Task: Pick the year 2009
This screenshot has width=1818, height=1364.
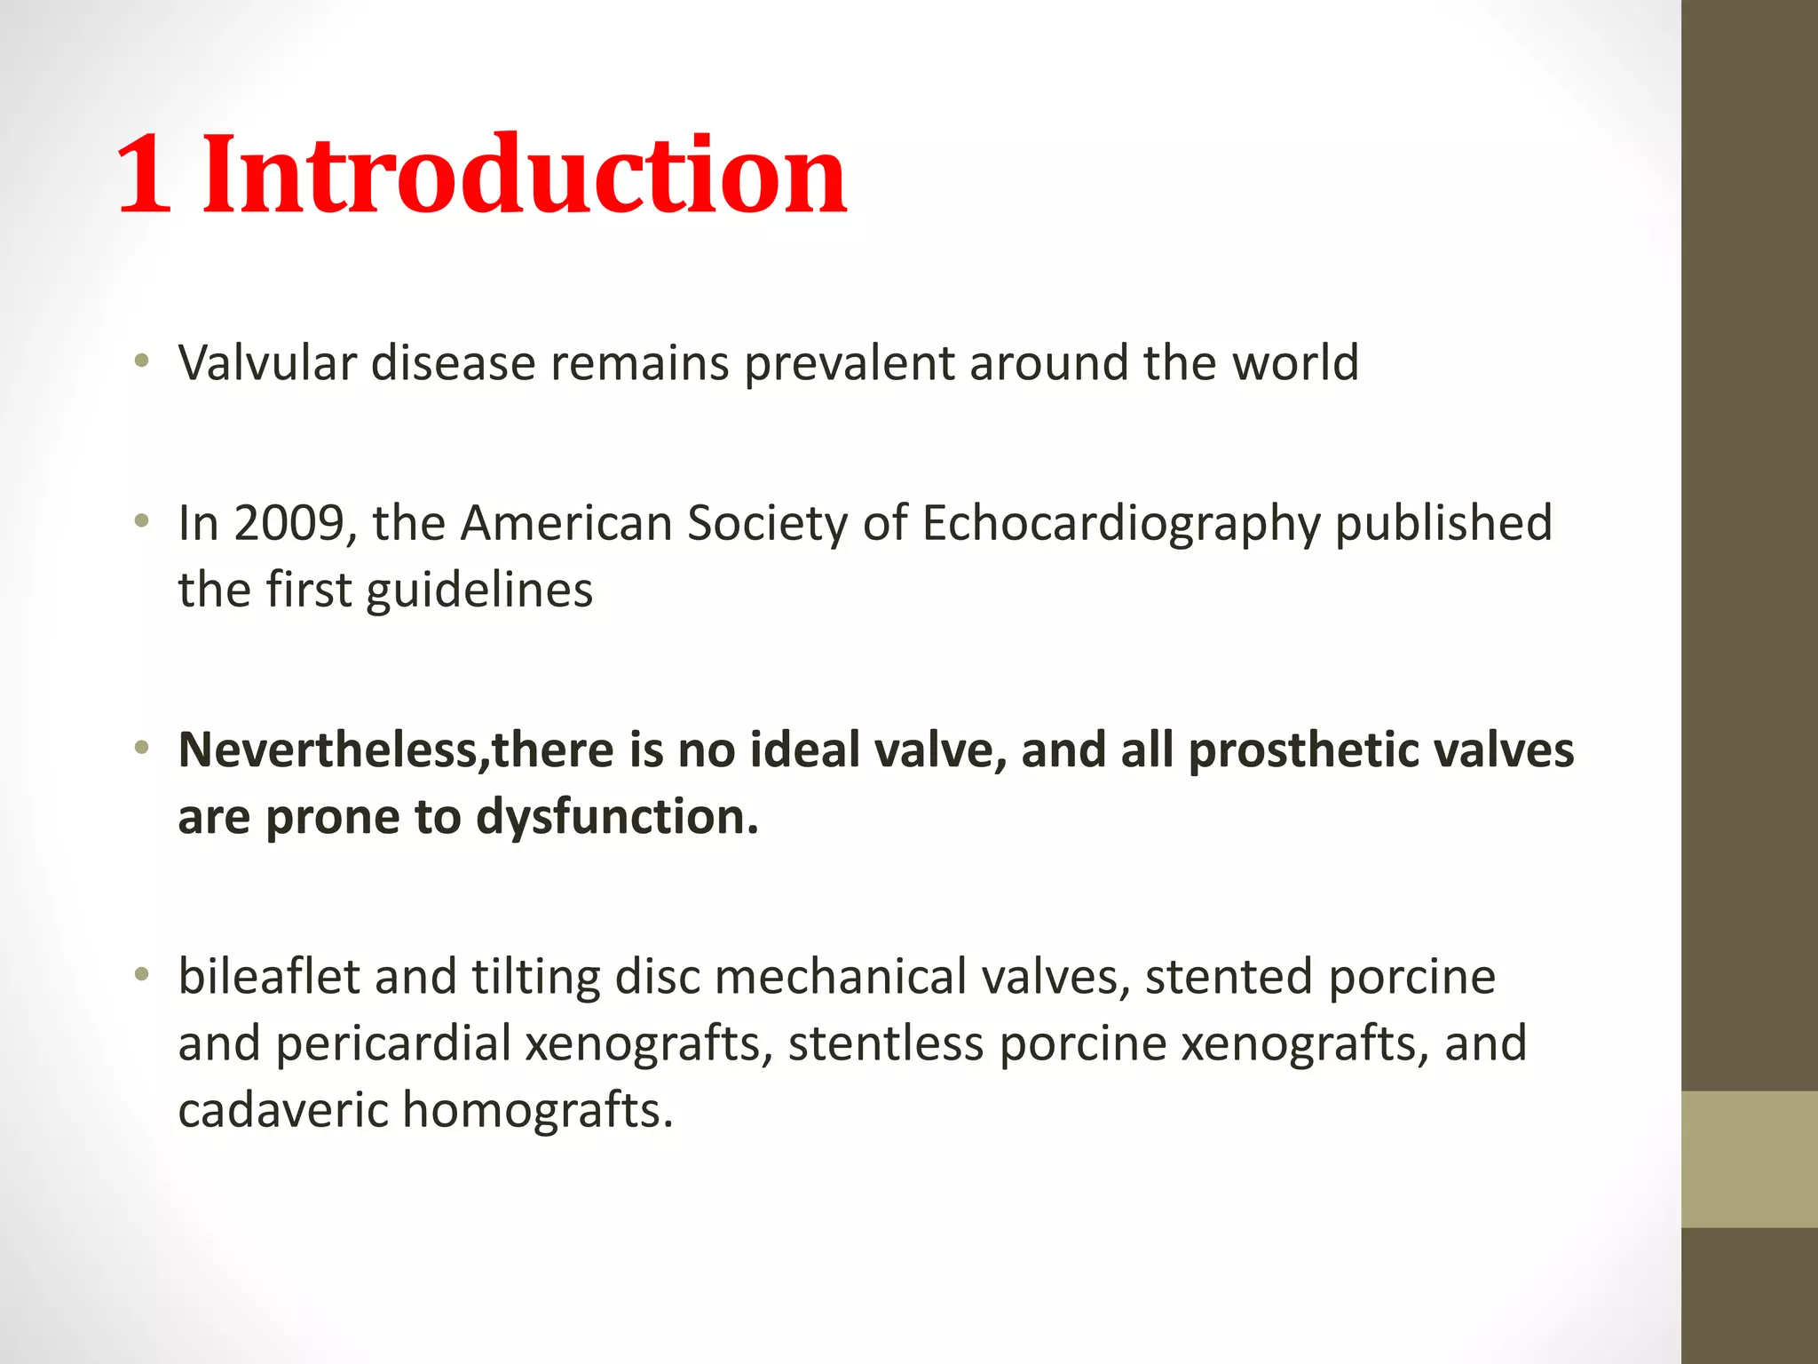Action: (x=289, y=523)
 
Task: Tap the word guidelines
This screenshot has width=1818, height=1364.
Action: (x=479, y=591)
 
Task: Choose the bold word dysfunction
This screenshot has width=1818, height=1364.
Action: (x=617, y=818)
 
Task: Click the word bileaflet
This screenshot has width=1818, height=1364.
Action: (x=268, y=977)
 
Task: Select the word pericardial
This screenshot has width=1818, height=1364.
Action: (x=393, y=1043)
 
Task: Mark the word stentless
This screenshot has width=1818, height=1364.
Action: (x=885, y=1043)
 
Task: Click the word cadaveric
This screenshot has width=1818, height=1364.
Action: (x=282, y=1111)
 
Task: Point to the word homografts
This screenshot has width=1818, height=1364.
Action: (x=537, y=1111)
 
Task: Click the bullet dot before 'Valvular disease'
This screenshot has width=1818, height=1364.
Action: (x=141, y=361)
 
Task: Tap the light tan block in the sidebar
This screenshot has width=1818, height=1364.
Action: (x=1749, y=1159)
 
